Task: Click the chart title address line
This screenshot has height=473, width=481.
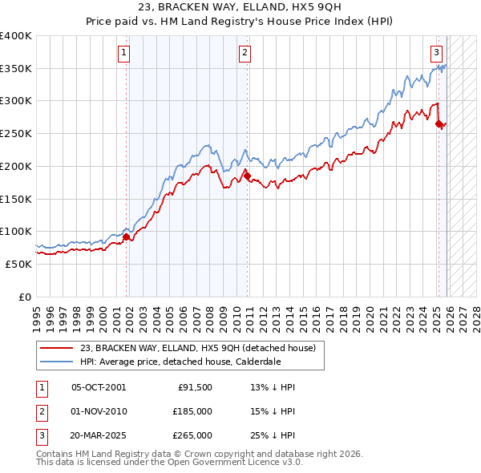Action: coord(240,7)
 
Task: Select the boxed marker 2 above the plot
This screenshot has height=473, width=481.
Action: coord(245,54)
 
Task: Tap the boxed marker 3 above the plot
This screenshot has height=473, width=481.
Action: coord(437,54)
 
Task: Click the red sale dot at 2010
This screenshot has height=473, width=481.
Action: coord(247,176)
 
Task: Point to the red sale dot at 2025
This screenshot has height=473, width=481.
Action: coord(439,123)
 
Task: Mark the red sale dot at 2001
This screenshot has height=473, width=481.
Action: coord(127,236)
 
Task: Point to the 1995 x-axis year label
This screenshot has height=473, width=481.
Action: coord(36,317)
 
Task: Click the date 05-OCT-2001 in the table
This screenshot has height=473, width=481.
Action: coord(99,387)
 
